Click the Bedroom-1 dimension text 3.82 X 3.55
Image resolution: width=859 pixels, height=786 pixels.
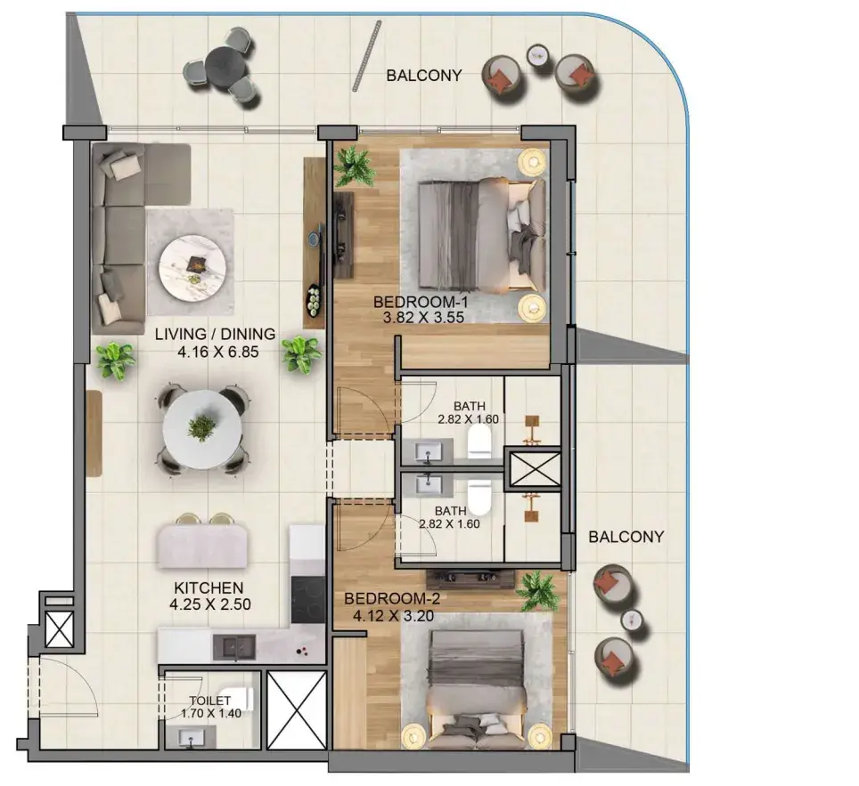423,318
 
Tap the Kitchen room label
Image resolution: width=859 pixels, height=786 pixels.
209,588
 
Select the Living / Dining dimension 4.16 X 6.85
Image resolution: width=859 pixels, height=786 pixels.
218,352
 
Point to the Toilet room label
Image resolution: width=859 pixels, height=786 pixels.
209,701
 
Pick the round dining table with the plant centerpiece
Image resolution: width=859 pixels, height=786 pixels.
202,430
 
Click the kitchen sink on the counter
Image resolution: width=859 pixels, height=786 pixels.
234,648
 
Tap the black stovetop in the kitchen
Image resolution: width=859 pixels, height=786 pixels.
308,600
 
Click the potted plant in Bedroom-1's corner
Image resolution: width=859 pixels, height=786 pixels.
355,166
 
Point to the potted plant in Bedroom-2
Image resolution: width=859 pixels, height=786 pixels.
538,591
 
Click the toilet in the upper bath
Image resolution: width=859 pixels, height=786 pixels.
480,442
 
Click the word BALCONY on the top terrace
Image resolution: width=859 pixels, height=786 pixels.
424,76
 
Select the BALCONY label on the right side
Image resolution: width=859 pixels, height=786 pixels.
626,537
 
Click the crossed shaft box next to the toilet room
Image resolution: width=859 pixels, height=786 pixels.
297,710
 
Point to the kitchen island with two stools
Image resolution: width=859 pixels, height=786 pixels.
202,546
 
